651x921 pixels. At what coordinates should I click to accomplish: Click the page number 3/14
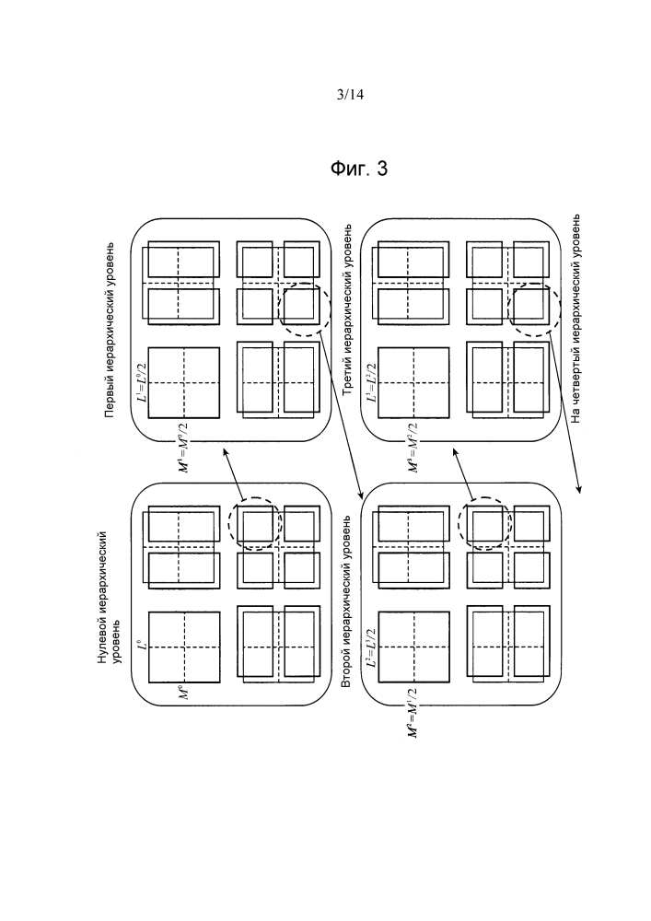(352, 93)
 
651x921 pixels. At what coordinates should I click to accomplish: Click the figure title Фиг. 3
(359, 169)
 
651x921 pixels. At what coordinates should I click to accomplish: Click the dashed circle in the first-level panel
(303, 309)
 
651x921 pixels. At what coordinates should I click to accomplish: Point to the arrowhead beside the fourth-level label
(580, 488)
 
